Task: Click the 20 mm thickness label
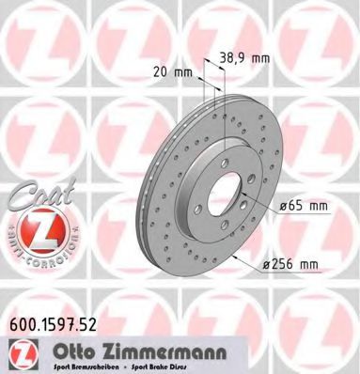(164, 71)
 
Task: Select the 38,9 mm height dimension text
(246, 58)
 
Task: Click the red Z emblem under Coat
(36, 229)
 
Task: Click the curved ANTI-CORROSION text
(36, 254)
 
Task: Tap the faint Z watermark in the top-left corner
(38, 38)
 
